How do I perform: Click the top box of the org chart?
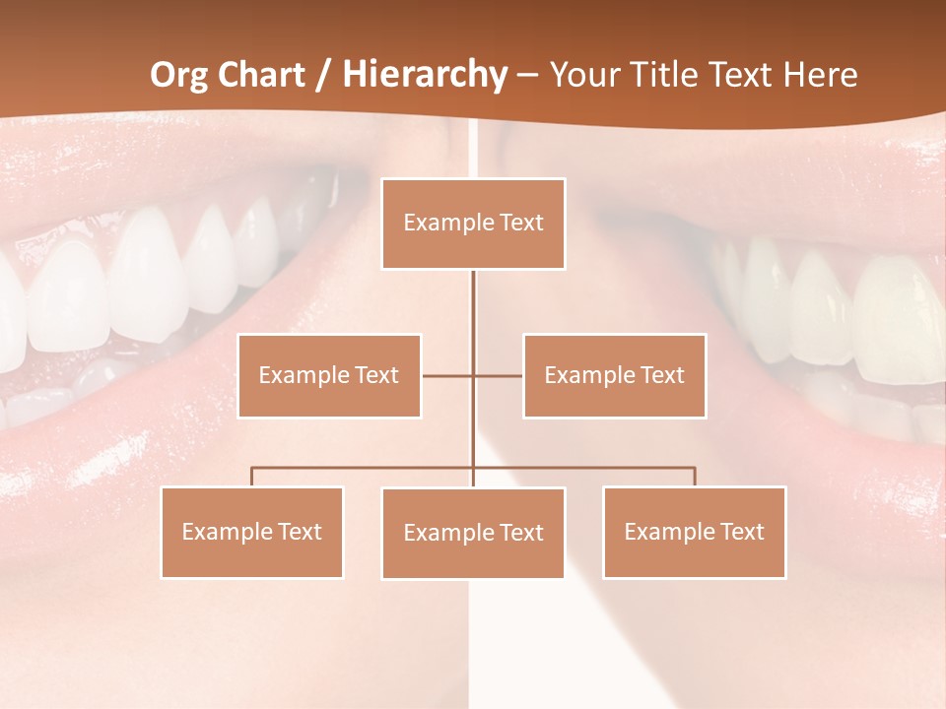coord(473,224)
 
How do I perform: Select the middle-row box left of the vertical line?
coord(329,375)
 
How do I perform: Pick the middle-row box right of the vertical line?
coord(614,375)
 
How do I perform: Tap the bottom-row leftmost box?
coord(252,532)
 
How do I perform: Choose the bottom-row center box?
coord(473,533)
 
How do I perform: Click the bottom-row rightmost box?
coord(694,532)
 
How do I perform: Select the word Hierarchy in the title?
coord(425,75)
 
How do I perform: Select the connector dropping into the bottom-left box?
coord(252,476)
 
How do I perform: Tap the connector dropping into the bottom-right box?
coord(695,476)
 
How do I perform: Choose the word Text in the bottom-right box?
coord(742,532)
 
